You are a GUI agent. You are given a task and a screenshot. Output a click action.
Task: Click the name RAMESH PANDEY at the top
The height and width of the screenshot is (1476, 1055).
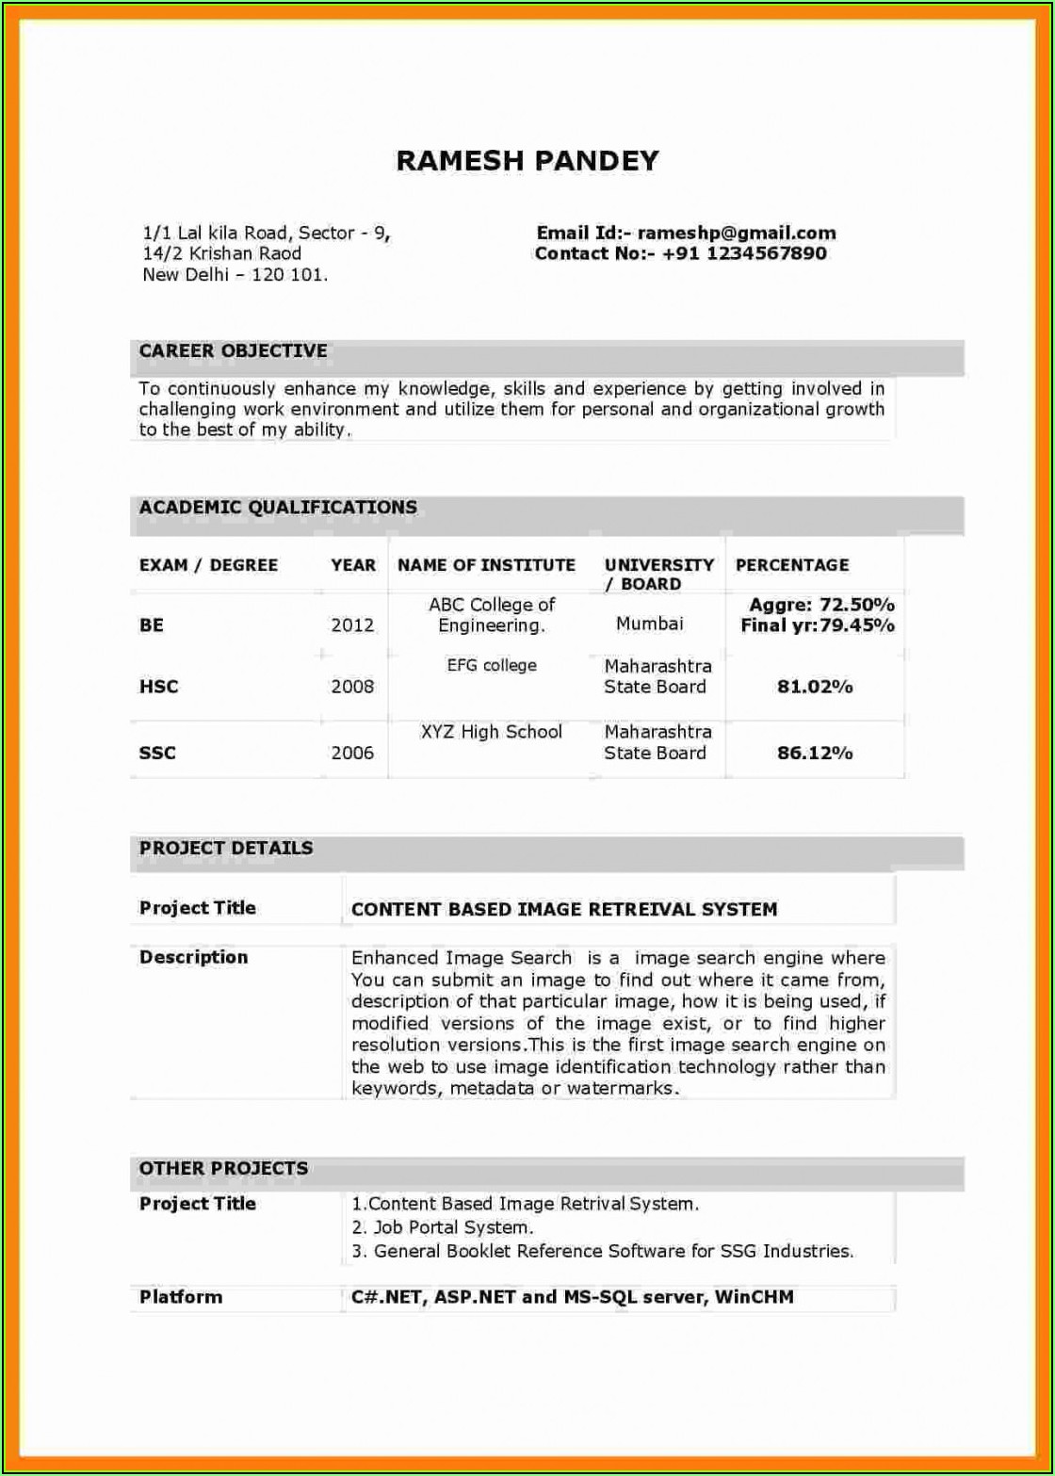527,161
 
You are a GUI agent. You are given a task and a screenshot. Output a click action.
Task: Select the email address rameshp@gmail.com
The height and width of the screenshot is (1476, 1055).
737,234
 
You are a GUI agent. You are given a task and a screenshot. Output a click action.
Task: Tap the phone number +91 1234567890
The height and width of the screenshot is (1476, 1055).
744,253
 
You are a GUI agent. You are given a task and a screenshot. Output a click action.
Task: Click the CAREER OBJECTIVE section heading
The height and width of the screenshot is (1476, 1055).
234,351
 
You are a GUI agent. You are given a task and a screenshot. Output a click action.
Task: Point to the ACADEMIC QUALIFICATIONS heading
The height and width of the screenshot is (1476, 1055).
278,508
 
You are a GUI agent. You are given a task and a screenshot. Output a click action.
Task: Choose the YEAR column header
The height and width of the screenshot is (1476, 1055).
353,565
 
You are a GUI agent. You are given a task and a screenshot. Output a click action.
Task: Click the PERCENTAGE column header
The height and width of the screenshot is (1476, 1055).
791,565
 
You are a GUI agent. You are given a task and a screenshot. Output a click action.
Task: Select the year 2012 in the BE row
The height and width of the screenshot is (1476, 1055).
352,624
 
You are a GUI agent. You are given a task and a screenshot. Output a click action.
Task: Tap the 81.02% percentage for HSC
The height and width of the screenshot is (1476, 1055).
815,687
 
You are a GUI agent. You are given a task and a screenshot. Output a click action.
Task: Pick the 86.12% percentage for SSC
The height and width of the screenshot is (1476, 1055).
815,753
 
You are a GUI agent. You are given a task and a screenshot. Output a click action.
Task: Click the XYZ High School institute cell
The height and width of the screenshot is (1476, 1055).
491,732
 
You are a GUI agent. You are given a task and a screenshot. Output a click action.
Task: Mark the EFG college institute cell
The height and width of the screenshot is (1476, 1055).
491,666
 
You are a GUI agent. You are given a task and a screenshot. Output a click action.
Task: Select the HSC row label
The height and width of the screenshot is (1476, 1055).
158,687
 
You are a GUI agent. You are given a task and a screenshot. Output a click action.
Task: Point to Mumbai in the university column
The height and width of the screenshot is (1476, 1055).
650,624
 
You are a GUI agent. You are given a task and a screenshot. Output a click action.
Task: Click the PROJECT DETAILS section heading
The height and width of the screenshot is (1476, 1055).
226,848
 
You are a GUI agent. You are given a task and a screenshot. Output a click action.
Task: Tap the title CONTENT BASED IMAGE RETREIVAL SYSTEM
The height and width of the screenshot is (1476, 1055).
564,910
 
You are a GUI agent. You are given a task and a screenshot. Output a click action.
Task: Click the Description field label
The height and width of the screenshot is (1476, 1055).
194,957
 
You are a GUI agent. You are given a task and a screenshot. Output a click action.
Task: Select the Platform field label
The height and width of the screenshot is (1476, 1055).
181,1297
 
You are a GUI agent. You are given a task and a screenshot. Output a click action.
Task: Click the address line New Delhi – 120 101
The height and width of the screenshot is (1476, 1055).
235,275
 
